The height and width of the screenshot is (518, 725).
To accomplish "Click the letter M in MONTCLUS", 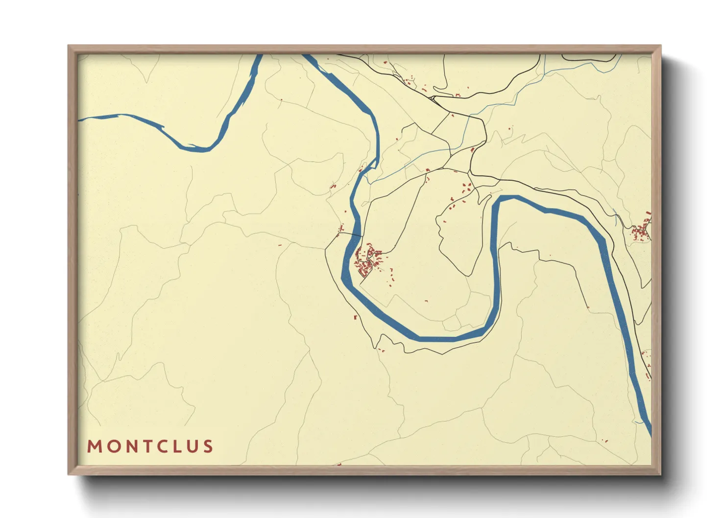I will (94, 447).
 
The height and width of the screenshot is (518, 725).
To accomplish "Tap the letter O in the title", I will (112, 447).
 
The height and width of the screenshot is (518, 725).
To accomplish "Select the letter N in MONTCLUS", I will (129, 447).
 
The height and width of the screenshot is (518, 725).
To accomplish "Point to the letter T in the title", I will (145, 447).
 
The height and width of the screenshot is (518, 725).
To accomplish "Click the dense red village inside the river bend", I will (367, 260).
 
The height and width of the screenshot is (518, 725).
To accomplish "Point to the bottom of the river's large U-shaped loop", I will (436, 338).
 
